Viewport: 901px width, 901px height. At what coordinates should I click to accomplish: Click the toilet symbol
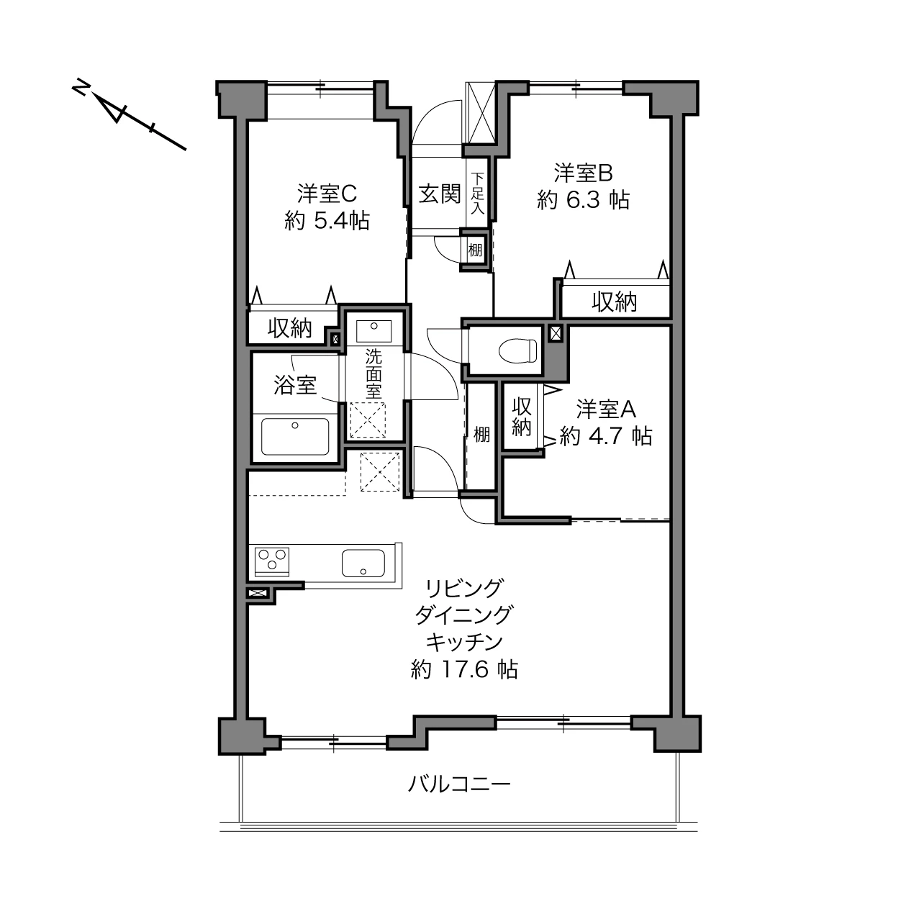tap(517, 350)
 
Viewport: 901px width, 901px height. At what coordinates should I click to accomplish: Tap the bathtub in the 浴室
tap(294, 436)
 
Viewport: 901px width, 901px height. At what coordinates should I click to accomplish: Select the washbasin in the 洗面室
tap(373, 332)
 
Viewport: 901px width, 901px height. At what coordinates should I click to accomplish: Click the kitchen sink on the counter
tap(363, 563)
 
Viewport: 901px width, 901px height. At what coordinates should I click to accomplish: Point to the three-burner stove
tap(271, 561)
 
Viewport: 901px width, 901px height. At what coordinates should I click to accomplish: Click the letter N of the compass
tap(81, 86)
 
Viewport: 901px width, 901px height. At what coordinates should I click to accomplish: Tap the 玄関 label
tap(439, 194)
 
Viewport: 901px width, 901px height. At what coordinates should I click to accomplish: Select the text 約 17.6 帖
tap(464, 669)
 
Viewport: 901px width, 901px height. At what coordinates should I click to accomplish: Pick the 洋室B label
tap(583, 173)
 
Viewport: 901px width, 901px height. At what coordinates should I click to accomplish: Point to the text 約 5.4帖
tap(327, 220)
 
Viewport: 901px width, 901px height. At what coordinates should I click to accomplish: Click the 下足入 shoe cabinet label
tap(477, 193)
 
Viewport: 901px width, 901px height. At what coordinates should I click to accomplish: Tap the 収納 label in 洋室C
tap(289, 327)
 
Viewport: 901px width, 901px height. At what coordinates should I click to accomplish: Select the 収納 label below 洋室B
tap(614, 302)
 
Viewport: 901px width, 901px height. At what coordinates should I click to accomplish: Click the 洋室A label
tap(606, 409)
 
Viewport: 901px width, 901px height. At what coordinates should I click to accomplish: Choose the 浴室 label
tap(295, 385)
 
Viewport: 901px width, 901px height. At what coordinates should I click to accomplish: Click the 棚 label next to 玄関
tap(475, 250)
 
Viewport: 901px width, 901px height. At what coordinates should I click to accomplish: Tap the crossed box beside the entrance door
tap(481, 112)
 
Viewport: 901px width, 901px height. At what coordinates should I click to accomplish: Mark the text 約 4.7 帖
tap(605, 436)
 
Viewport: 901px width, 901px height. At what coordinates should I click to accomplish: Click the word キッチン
tap(464, 642)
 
